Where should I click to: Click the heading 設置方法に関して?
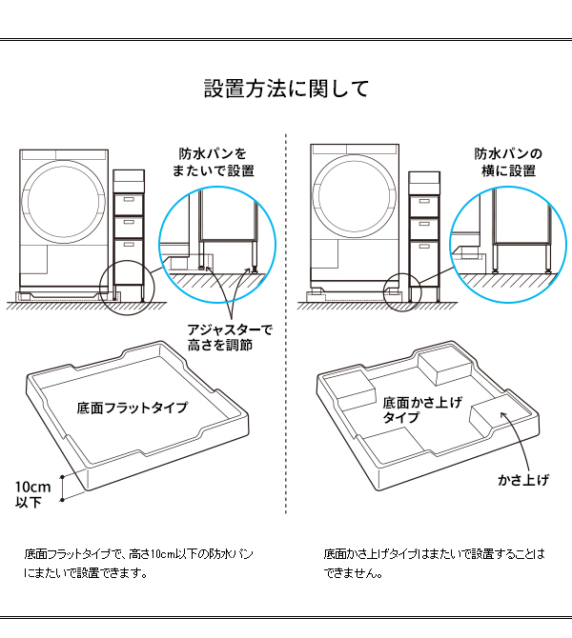tap(286, 90)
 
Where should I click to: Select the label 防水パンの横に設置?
tap(508, 162)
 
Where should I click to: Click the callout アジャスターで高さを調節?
tap(230, 337)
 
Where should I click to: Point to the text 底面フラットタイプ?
tap(132, 408)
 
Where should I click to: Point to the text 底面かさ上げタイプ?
tap(421, 410)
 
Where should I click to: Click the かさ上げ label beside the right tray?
tap(523, 479)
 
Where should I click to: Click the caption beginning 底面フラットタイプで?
tap(138, 563)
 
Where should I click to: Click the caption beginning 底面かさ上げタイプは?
tap(434, 563)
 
